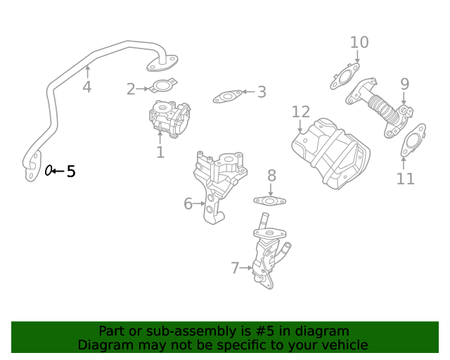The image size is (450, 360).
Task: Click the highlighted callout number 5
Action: (x=70, y=171)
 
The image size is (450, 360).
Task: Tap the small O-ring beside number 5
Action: (x=49, y=170)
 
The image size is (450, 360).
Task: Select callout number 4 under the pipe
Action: (x=86, y=87)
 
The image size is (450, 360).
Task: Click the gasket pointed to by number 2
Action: (x=162, y=88)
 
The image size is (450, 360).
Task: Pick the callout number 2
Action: (x=131, y=89)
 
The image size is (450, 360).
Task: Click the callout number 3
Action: (x=262, y=92)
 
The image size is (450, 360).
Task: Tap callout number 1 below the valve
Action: (x=160, y=152)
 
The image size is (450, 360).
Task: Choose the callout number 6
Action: (x=188, y=204)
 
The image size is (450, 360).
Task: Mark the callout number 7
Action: (x=235, y=268)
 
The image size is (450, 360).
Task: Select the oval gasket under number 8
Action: (x=269, y=201)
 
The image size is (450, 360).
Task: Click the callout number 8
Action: (x=271, y=176)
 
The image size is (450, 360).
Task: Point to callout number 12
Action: (x=301, y=112)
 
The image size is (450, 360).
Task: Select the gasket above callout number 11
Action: (x=412, y=141)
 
